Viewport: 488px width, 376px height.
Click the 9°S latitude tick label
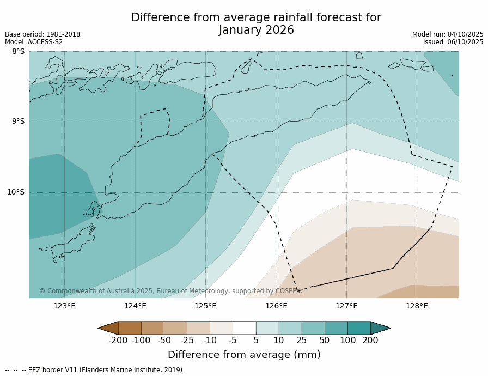click(18, 122)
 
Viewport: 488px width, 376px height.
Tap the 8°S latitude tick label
click(18, 52)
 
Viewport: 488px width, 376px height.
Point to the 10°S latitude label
click(16, 192)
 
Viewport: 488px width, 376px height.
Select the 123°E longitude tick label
click(64, 306)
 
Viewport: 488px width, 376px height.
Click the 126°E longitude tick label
click(276, 306)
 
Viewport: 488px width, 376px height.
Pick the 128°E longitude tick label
click(417, 306)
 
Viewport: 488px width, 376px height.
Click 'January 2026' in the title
click(256, 31)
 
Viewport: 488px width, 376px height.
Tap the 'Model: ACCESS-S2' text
click(34, 42)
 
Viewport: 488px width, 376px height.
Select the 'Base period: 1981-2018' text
click(42, 34)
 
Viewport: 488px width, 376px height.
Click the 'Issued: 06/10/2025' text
click(453, 42)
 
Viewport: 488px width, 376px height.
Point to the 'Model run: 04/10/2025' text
click(448, 34)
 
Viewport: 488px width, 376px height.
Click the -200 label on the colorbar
click(118, 341)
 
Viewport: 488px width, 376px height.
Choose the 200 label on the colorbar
click(370, 341)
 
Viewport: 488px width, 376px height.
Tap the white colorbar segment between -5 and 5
click(244, 328)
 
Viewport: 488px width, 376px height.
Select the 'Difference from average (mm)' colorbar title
click(244, 355)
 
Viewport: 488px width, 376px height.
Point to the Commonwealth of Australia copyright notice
click(171, 291)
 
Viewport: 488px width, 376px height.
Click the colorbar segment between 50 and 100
click(336, 328)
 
